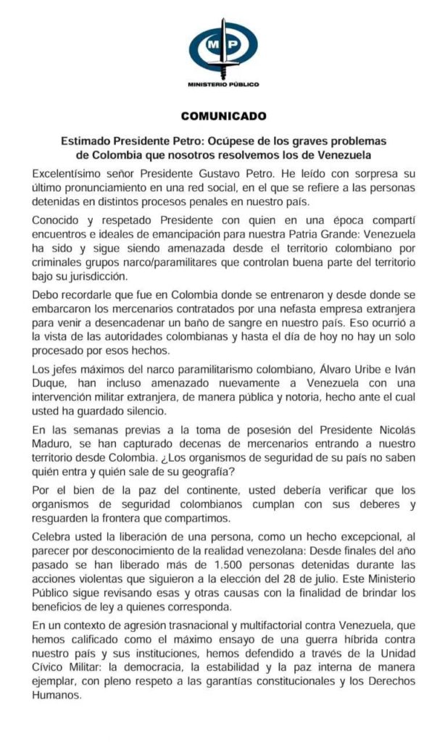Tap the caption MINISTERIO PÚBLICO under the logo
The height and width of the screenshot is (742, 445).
tap(222, 85)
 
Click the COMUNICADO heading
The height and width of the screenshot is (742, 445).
tap(223, 115)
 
